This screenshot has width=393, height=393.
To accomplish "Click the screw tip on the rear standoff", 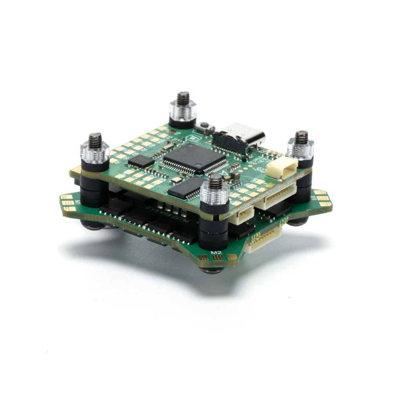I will click(183, 97).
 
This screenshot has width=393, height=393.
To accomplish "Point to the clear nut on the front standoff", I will click(214, 195).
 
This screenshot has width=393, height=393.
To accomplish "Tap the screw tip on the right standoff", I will click(301, 137).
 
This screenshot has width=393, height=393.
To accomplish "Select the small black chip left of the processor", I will click(141, 161).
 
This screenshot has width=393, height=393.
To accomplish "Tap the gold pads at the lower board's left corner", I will click(68, 203).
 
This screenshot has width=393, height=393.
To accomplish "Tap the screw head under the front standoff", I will click(212, 270).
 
